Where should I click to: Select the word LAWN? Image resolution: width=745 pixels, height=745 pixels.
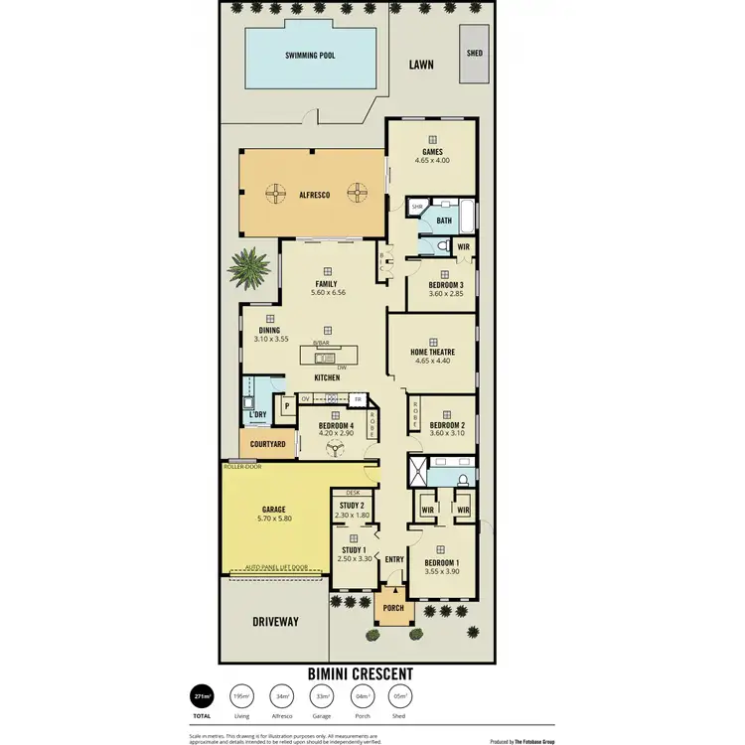click(422, 66)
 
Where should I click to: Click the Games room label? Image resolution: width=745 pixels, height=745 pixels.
click(432, 152)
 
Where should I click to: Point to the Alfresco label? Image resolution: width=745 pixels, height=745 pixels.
click(314, 196)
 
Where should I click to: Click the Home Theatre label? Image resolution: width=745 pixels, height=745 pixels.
click(431, 351)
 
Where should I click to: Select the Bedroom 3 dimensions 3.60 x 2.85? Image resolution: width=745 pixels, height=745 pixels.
click(432, 295)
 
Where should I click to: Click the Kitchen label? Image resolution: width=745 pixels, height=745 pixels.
click(327, 378)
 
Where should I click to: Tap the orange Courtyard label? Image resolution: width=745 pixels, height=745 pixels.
click(268, 445)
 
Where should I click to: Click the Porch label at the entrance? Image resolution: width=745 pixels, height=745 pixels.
click(393, 608)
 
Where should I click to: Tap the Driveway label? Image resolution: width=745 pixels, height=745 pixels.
click(276, 622)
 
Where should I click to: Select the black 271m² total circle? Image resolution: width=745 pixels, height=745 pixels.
click(202, 696)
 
